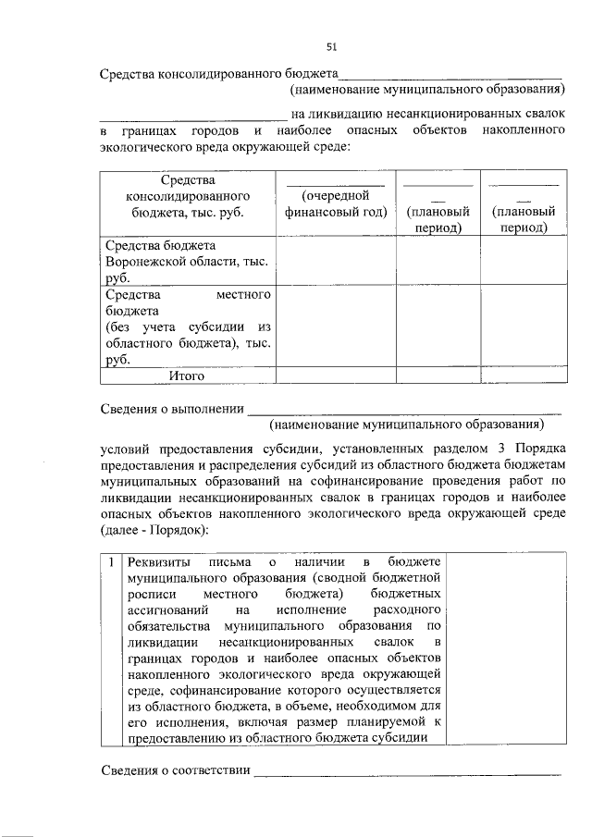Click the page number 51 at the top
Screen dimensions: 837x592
coord(331,46)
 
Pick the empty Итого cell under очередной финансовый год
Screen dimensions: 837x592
coord(336,375)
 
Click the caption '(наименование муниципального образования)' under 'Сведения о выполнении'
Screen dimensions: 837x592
coord(404,425)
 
